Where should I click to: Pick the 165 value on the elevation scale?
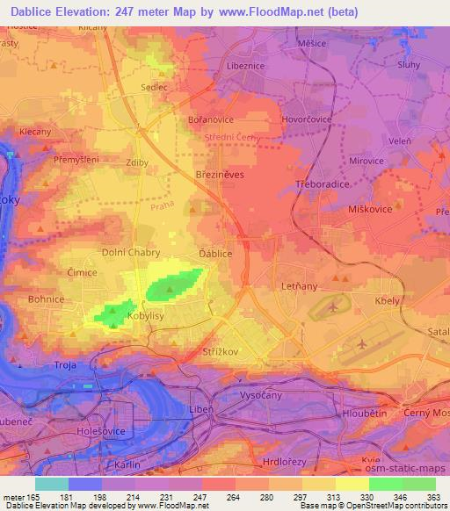[x=33, y=497]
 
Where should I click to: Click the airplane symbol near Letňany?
[x=333, y=307]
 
